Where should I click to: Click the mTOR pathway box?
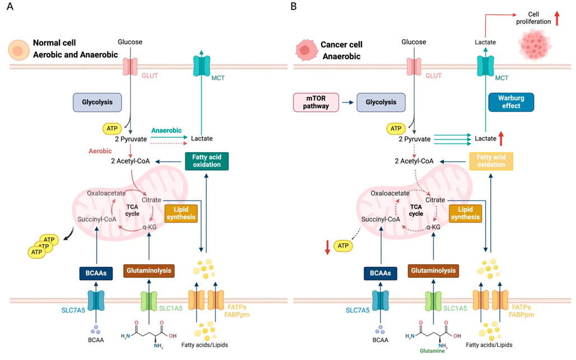click(315, 102)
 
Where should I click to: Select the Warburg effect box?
click(511, 102)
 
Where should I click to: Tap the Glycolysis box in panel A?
click(97, 102)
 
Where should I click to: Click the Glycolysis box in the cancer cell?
click(381, 102)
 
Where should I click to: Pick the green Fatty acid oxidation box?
click(207, 161)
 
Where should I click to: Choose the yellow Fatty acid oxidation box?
click(491, 161)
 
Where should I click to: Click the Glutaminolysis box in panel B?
click(432, 270)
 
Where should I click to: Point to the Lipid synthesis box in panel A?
click(181, 213)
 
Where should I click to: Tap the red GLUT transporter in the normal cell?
click(130, 67)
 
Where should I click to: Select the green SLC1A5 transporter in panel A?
click(148, 301)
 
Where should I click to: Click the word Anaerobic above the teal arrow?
click(166, 130)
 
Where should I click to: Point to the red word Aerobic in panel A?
click(101, 151)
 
